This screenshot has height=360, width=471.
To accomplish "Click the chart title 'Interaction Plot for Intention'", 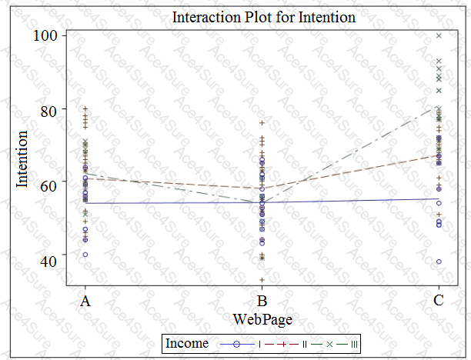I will (264, 17).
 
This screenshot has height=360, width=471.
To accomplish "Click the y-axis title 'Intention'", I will (23, 159).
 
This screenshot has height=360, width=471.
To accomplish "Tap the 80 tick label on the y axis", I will (48, 110).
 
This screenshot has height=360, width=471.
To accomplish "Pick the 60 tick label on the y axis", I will (48, 185).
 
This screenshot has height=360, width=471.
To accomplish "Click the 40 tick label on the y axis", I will (48, 260).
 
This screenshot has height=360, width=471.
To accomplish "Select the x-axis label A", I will (85, 302).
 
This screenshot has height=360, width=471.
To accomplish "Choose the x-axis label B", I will (262, 302).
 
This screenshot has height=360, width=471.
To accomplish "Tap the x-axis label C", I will (439, 302).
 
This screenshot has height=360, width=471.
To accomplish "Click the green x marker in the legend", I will (329, 344).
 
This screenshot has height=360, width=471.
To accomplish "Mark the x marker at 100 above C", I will (439, 35).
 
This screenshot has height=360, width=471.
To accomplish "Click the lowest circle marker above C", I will (439, 262).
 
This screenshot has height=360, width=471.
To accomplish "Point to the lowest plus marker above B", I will (262, 280).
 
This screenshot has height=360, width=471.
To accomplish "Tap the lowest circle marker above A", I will (85, 254).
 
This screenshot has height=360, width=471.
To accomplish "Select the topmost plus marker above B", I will (262, 123).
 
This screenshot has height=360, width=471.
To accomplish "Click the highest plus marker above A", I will (85, 108).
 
